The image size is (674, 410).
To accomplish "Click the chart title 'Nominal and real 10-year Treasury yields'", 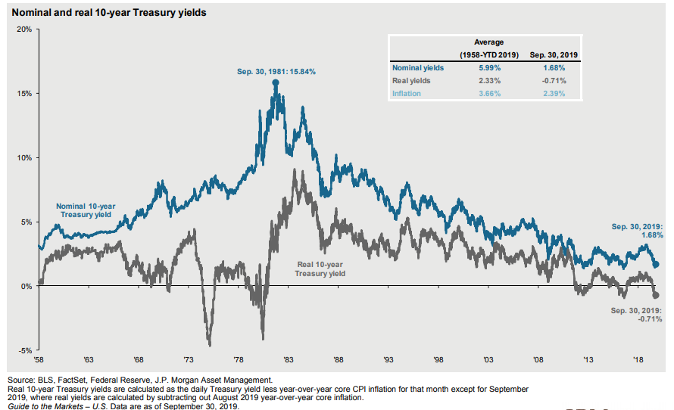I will tap(108, 13).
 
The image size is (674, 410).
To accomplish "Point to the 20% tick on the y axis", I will tap(23, 30).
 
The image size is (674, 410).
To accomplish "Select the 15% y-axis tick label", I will tap(23, 94).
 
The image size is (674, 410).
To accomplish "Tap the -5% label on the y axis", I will tap(23, 350).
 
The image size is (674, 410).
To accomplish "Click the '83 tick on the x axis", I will tap(289, 359).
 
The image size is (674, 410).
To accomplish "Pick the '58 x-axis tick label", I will tap(39, 359).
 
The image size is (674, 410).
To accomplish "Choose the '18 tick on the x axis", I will tap(638, 359).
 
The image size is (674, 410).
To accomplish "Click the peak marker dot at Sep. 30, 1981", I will tap(275, 82).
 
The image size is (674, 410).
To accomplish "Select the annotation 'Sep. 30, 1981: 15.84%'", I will tap(276, 72).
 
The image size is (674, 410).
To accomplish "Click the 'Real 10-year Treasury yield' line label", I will tap(320, 269).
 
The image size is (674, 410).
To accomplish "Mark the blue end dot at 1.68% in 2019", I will tap(656, 265).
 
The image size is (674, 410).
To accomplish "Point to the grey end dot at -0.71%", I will tap(656, 295).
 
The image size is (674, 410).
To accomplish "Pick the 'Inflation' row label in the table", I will tap(406, 94).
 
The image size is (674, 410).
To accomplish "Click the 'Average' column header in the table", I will tap(488, 42).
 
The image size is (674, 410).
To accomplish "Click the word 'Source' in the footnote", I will tap(20, 379).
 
